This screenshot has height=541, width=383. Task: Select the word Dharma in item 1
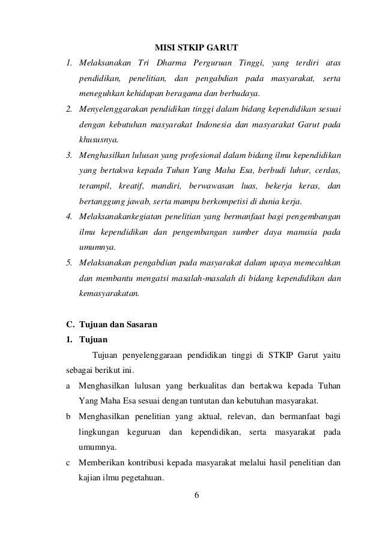point(170,63)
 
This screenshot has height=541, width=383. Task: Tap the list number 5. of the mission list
point(70,262)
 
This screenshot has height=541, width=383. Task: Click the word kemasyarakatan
point(109,294)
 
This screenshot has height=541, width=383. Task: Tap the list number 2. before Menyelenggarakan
point(70,110)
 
